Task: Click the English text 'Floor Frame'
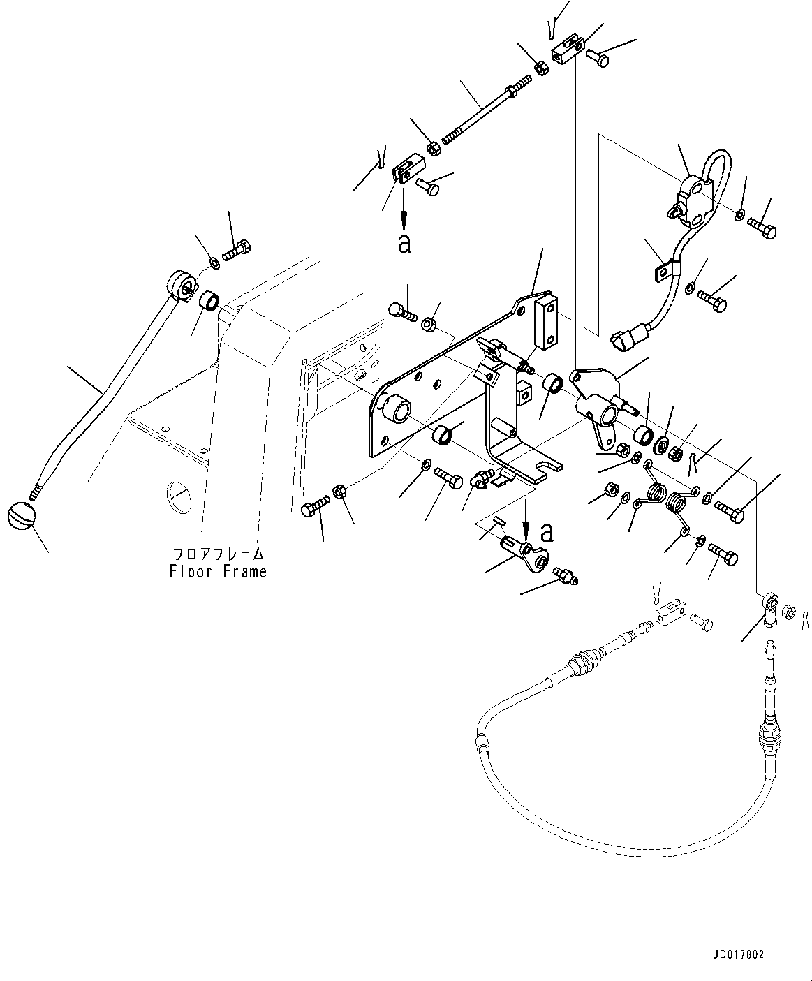pos(218,571)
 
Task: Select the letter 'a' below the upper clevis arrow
pos(404,244)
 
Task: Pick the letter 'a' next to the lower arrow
pos(548,532)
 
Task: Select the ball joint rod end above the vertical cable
pos(770,602)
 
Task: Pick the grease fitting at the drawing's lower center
pos(565,575)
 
